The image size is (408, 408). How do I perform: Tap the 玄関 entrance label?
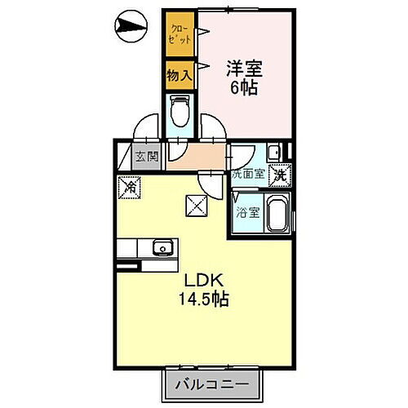pos(147,157)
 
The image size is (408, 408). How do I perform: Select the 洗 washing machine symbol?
pos(280,173)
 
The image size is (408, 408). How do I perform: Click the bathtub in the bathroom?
pos(275,215)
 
